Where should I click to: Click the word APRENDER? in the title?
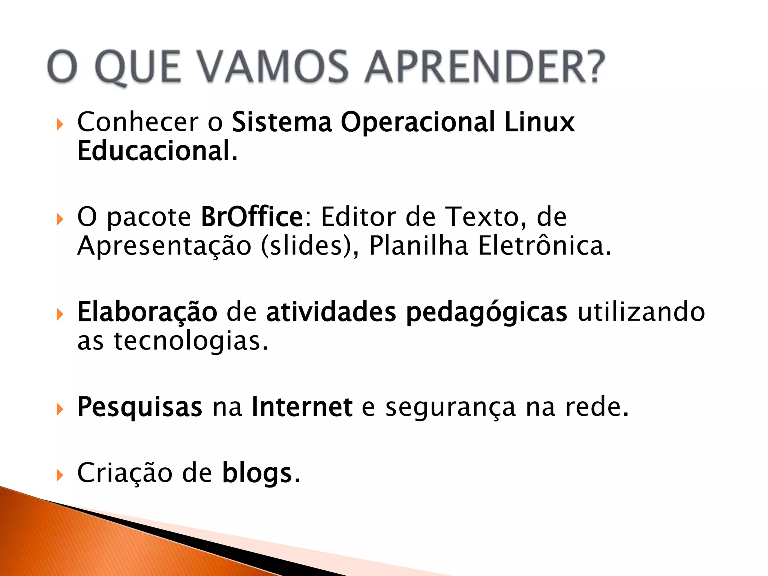[x=484, y=67]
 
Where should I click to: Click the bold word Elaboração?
[x=147, y=312]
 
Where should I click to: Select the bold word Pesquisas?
[x=139, y=407]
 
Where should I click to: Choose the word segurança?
[x=450, y=408]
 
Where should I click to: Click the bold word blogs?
[x=257, y=474]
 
